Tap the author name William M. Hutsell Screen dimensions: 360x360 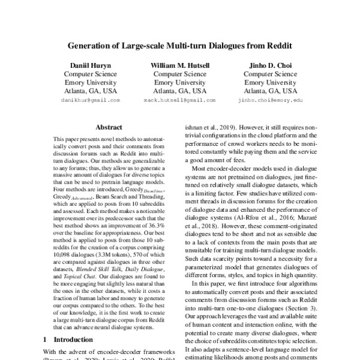click(180, 64)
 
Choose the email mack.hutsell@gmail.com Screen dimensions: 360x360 click(180, 101)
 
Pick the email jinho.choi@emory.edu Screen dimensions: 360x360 click(270, 101)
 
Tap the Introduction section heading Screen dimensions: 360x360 click(79, 339)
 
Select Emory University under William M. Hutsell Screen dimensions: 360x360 click(180, 82)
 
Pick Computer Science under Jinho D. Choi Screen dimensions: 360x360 click(270, 73)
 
